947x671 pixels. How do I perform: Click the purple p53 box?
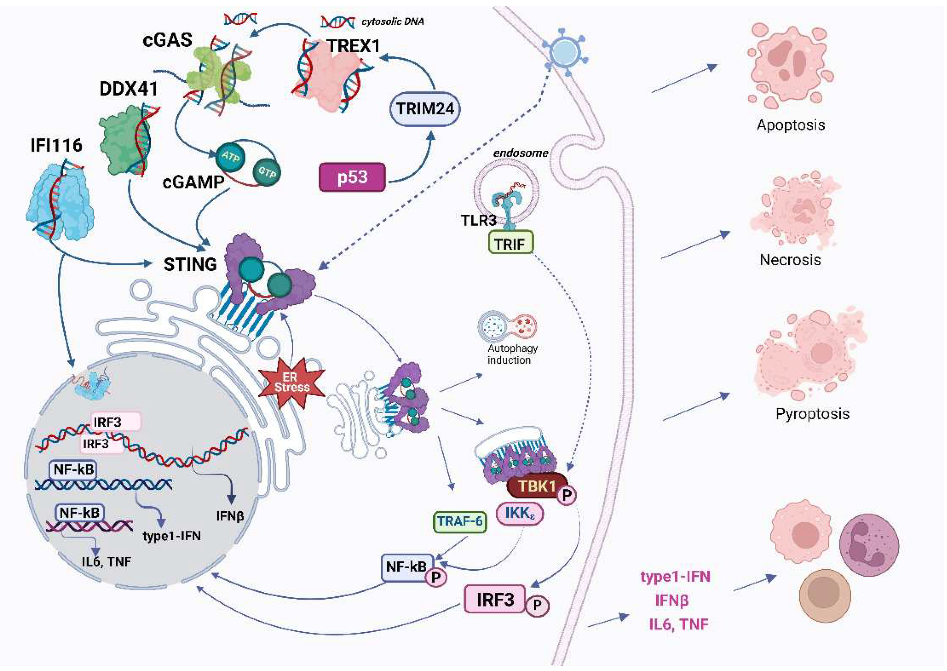(x=352, y=177)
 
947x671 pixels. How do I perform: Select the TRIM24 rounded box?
(x=425, y=109)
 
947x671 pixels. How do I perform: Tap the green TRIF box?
(x=510, y=244)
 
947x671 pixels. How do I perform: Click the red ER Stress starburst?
(x=291, y=382)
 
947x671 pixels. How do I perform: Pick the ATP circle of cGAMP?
(x=230, y=157)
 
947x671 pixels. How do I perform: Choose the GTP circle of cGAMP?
(x=267, y=172)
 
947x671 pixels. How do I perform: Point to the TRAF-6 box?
(x=460, y=521)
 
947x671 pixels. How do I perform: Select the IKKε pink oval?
(x=519, y=513)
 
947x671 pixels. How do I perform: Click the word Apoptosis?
(x=790, y=125)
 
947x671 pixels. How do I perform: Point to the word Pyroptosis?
(x=812, y=413)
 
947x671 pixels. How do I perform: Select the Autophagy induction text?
(x=512, y=354)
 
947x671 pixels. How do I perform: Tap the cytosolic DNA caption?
(x=392, y=22)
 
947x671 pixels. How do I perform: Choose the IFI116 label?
(x=56, y=145)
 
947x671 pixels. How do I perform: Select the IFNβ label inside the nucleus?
(x=230, y=516)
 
